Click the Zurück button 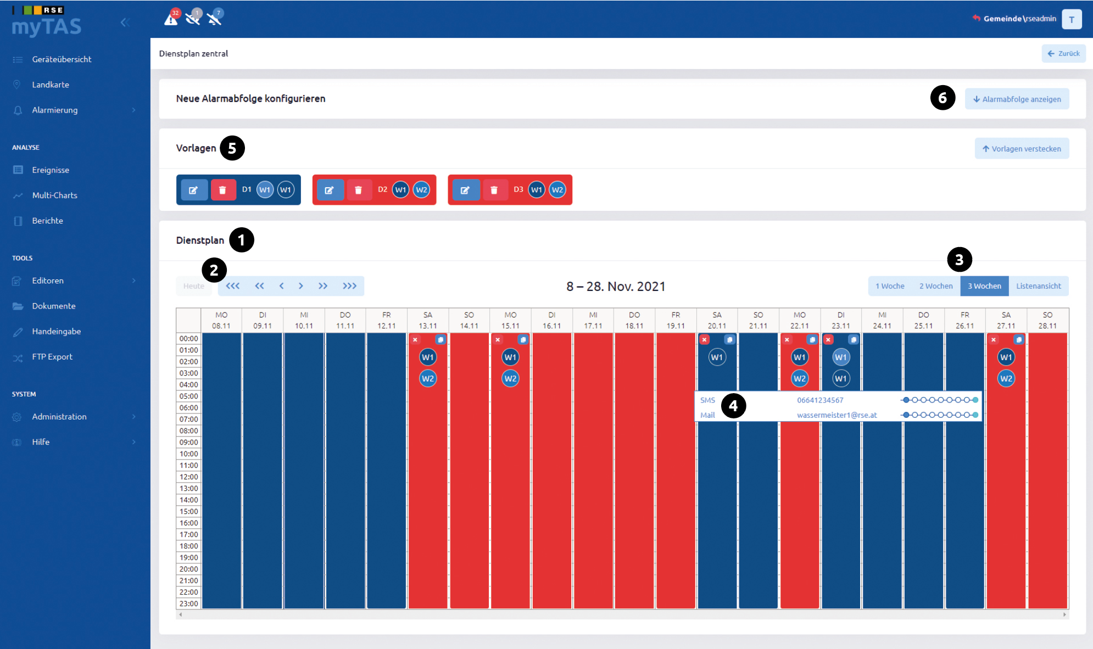click(1063, 53)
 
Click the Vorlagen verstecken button click(1022, 148)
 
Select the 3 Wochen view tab click(984, 286)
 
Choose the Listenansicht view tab click(1039, 286)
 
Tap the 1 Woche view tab click(890, 286)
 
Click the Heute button click(194, 286)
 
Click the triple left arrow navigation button click(233, 286)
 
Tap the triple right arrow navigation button click(349, 286)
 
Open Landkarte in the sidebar click(51, 85)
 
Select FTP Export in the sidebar click(52, 357)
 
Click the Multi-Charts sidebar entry click(54, 195)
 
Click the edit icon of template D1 click(194, 190)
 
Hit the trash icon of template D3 click(494, 190)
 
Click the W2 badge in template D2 click(421, 190)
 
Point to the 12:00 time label click(188, 477)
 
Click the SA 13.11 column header click(428, 320)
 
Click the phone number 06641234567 click(820, 400)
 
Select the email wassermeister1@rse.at click(837, 415)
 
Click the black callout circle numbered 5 click(232, 148)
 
